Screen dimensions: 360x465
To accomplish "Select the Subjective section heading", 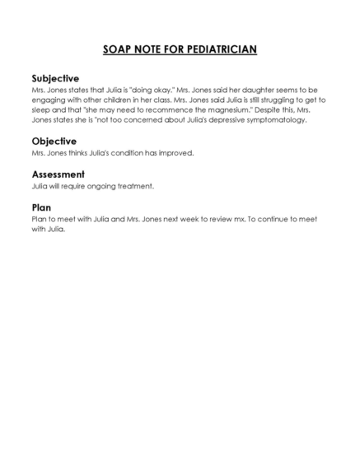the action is pyautogui.click(x=55, y=77).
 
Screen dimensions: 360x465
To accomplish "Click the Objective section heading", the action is pyautogui.click(x=54, y=141).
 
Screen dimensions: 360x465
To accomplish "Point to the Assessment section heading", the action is pyautogui.click(x=58, y=174).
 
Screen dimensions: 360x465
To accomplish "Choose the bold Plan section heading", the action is pyautogui.click(x=42, y=207).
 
